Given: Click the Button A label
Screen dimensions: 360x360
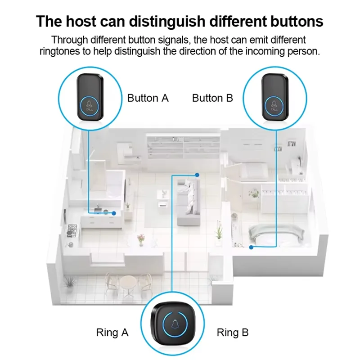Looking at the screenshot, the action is pos(148,98).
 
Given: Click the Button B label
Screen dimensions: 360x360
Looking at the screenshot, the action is pos(212,98).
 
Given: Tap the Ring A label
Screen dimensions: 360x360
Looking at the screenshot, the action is pos(112,333).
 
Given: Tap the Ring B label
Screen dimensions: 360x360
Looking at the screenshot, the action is pos(233,333).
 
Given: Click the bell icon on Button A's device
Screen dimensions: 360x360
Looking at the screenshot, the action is pos(89,104).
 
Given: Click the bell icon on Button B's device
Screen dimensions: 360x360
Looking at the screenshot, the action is pos(274,104).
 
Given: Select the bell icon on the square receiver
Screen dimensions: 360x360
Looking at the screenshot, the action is pos(175,324).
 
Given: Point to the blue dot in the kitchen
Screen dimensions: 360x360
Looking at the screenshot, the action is pos(114,213).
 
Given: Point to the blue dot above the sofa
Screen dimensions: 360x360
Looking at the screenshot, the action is pos(197,175).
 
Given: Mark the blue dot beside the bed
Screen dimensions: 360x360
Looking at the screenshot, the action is pos(251,247).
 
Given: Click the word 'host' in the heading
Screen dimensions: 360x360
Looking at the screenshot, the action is pos(81,21).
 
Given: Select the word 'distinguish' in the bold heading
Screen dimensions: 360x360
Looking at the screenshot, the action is pos(167,21).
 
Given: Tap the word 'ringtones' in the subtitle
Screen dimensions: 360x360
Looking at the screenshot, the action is pos(61,51).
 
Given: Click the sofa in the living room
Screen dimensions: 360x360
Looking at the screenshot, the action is pos(189,202).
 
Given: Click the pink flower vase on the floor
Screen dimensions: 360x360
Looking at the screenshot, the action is pos(141,240).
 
